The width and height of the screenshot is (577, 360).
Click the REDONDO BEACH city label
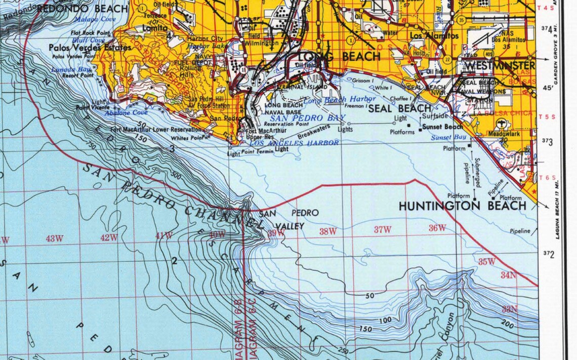(x=82, y=9)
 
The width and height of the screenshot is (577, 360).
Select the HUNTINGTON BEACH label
(x=462, y=206)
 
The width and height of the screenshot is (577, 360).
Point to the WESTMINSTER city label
(x=499, y=66)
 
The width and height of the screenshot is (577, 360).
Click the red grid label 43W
(x=54, y=238)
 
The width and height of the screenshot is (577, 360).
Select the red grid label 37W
(x=383, y=229)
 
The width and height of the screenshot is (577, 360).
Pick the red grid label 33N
(x=509, y=309)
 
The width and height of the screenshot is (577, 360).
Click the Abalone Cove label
(x=127, y=113)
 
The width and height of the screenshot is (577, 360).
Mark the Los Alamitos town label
(x=434, y=36)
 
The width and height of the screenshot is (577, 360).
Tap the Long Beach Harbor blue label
(x=340, y=100)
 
